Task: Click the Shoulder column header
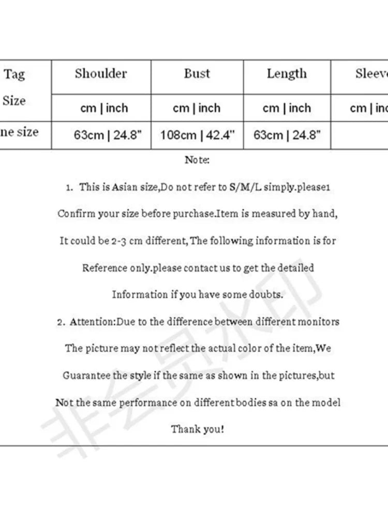(x=101, y=74)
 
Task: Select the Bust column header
(x=197, y=74)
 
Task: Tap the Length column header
(x=287, y=74)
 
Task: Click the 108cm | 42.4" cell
(x=197, y=135)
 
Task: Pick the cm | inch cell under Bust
(x=197, y=108)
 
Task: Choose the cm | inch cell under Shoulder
(x=104, y=108)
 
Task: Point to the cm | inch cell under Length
(x=287, y=108)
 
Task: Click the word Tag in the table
(x=14, y=75)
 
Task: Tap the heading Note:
(x=197, y=160)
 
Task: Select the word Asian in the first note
(x=125, y=187)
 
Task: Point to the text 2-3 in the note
(x=115, y=241)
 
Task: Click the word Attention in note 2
(x=92, y=322)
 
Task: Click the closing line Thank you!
(x=198, y=429)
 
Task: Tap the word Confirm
(x=76, y=214)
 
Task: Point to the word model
(x=328, y=402)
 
